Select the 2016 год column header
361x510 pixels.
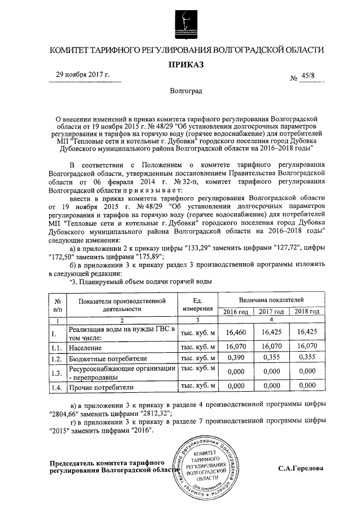click(235, 312)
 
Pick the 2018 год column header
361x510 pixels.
click(308, 312)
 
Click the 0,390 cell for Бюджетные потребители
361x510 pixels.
click(235, 358)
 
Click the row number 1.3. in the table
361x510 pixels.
click(55, 372)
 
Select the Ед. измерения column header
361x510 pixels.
click(197, 304)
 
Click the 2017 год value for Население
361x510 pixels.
click(271, 347)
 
